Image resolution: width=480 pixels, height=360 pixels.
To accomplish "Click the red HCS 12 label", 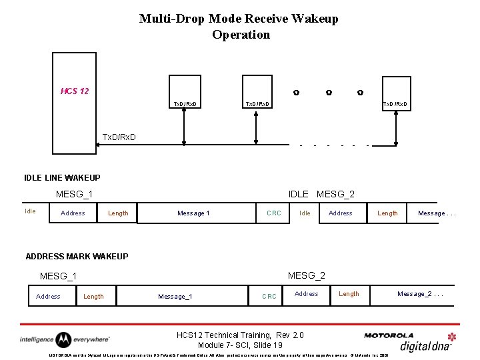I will (75, 91).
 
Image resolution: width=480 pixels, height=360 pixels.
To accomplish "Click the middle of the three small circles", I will (329, 93).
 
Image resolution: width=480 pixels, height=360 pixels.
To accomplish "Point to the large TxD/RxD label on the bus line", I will (119, 137).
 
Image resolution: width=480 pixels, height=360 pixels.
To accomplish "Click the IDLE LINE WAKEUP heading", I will (62, 177).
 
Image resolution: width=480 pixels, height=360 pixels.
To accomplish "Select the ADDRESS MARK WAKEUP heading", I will (77, 256).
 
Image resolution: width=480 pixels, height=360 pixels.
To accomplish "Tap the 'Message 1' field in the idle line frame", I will (193, 213).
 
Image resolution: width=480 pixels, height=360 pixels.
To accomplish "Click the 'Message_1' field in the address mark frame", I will (175, 296).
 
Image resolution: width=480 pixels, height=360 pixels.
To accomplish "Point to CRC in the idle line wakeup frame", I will (273, 213).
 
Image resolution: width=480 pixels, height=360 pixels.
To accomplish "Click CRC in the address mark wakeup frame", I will (269, 296).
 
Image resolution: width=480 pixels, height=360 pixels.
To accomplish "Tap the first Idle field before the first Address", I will (30, 211).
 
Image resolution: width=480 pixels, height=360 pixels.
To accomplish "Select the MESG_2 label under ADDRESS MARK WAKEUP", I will (306, 275).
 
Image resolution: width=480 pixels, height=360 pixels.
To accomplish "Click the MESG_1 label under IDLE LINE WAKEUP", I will (74, 194).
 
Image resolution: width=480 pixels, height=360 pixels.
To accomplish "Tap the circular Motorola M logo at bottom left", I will (63, 340).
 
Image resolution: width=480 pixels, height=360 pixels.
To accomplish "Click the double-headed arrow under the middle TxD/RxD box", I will (255, 127).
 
